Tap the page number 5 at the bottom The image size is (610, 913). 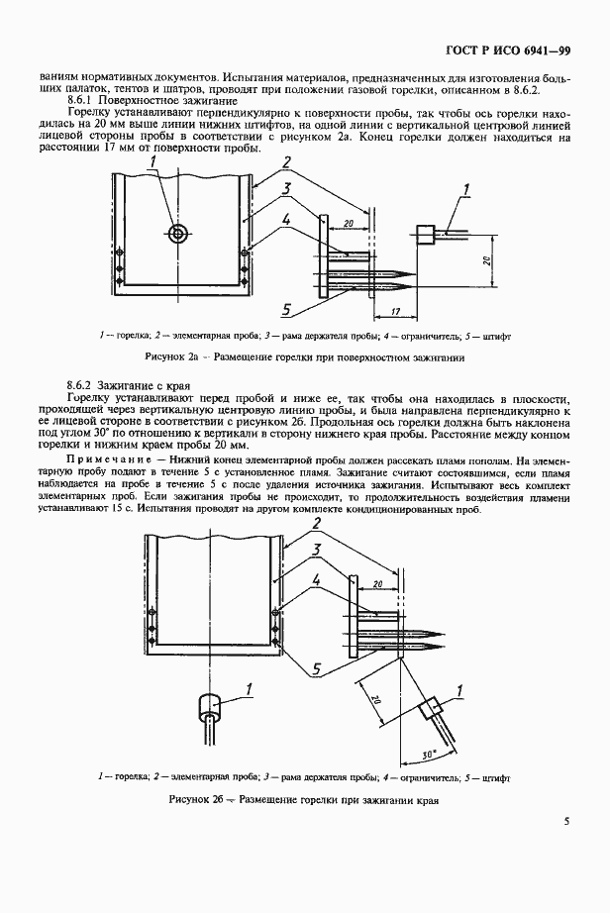coord(566,820)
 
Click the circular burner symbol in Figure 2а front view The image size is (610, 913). coord(178,234)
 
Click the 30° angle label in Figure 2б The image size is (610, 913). coord(426,755)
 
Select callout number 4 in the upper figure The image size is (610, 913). coord(285,220)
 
